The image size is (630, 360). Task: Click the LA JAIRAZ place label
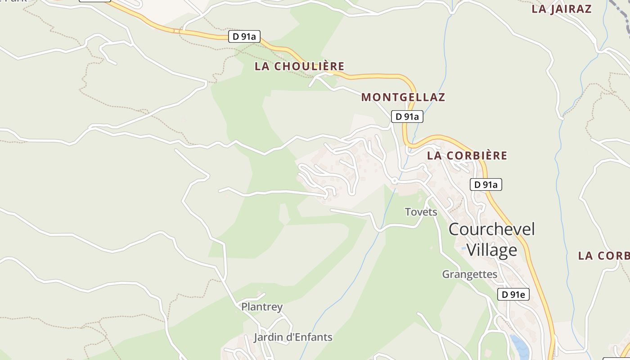pyautogui.click(x=561, y=9)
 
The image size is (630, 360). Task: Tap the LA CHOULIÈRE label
pyautogui.click(x=299, y=67)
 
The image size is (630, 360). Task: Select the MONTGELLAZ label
pyautogui.click(x=403, y=97)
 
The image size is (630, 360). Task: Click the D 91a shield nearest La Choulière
pyautogui.click(x=244, y=36)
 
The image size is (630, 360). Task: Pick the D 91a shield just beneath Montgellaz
pyautogui.click(x=407, y=117)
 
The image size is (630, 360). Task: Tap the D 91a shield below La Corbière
pyautogui.click(x=486, y=184)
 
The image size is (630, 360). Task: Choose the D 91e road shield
pyautogui.click(x=513, y=294)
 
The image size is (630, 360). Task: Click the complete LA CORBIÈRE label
pyautogui.click(x=467, y=156)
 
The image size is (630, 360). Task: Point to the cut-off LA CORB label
pyautogui.click(x=603, y=256)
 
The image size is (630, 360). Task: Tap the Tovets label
pyautogui.click(x=421, y=211)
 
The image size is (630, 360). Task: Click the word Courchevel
pyautogui.click(x=491, y=229)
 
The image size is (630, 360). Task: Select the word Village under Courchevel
pyautogui.click(x=491, y=250)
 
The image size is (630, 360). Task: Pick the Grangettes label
pyautogui.click(x=469, y=274)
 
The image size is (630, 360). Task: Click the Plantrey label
pyautogui.click(x=262, y=307)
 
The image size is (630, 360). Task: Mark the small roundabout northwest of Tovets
pyautogui.click(x=394, y=180)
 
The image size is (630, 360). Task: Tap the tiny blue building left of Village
pyautogui.click(x=463, y=247)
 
